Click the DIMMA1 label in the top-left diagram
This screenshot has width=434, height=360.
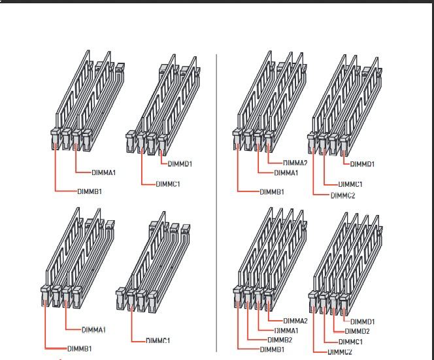103,172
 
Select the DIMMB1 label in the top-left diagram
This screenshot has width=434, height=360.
89,191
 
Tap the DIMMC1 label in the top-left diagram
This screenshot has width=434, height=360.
167,184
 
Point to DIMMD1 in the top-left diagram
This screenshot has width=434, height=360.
180,163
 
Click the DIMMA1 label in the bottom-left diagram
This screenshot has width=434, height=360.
94,329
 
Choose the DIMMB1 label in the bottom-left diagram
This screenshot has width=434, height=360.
81,348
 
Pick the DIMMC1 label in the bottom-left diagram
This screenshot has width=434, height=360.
158,340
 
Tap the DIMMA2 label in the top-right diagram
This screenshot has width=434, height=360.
295,163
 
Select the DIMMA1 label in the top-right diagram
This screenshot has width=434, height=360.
286,172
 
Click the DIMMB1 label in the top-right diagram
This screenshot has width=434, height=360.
271,191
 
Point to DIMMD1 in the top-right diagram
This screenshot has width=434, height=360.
362,163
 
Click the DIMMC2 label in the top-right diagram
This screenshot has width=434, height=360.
343,195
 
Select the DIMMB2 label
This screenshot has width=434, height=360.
280,340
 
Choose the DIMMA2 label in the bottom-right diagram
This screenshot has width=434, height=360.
295,320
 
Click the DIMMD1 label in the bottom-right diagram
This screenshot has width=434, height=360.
362,321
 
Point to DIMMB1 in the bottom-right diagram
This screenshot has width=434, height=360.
271,350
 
